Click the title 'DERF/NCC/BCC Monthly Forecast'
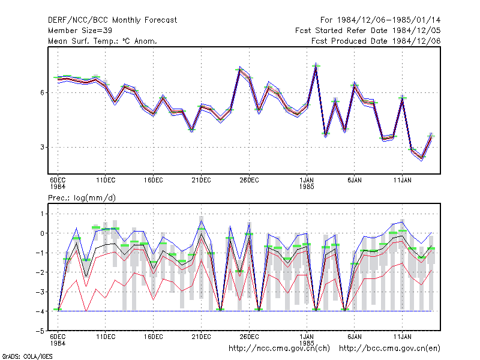pyautogui.click(x=112, y=20)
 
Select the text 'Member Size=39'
pyautogui.click(x=80, y=31)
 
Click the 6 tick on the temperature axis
pyautogui.click(x=42, y=92)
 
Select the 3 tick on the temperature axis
pyautogui.click(x=42, y=147)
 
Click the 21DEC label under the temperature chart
pyautogui.click(x=201, y=181)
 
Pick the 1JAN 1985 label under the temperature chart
pyautogui.click(x=307, y=184)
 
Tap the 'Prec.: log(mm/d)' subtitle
pyautogui.click(x=82, y=198)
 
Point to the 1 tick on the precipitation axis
pyautogui.click(x=42, y=214)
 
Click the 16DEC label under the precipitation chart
pyautogui.click(x=154, y=337)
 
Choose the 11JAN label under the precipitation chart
pyautogui.click(x=402, y=337)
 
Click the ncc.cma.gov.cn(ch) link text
pyautogui.click(x=279, y=349)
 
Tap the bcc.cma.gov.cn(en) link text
pyautogui.click(x=389, y=349)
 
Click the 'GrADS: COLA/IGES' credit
pyautogui.click(x=27, y=356)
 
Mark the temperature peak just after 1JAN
pyautogui.click(x=316, y=66)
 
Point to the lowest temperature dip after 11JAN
pyautogui.click(x=422, y=158)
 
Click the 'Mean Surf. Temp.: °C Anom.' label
pyautogui.click(x=103, y=41)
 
